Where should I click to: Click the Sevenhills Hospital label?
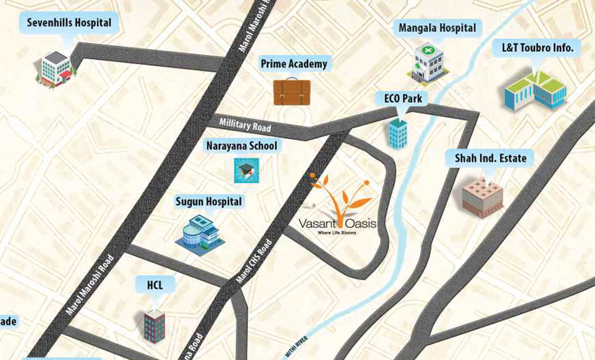point(69,23)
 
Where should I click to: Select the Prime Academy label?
point(294,64)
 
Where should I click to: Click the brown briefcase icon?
point(292,92)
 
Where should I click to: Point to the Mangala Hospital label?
point(437,28)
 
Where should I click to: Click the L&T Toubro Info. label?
point(533,48)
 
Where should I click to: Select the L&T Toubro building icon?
point(535,89)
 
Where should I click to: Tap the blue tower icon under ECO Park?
point(398,132)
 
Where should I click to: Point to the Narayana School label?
point(242,146)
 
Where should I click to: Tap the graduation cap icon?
point(245,170)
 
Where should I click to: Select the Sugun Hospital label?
point(209,202)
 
